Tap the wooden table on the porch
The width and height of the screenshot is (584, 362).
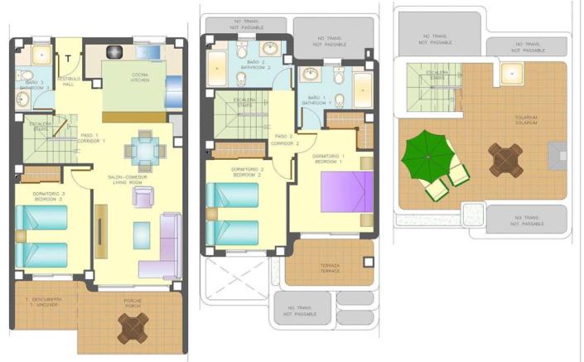coord(133,328)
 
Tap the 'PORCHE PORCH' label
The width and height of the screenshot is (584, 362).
coord(132,302)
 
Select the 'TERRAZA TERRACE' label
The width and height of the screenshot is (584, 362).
coord(330,268)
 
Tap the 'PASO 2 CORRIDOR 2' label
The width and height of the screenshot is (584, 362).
coord(283,139)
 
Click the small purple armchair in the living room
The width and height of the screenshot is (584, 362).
coord(143,196)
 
